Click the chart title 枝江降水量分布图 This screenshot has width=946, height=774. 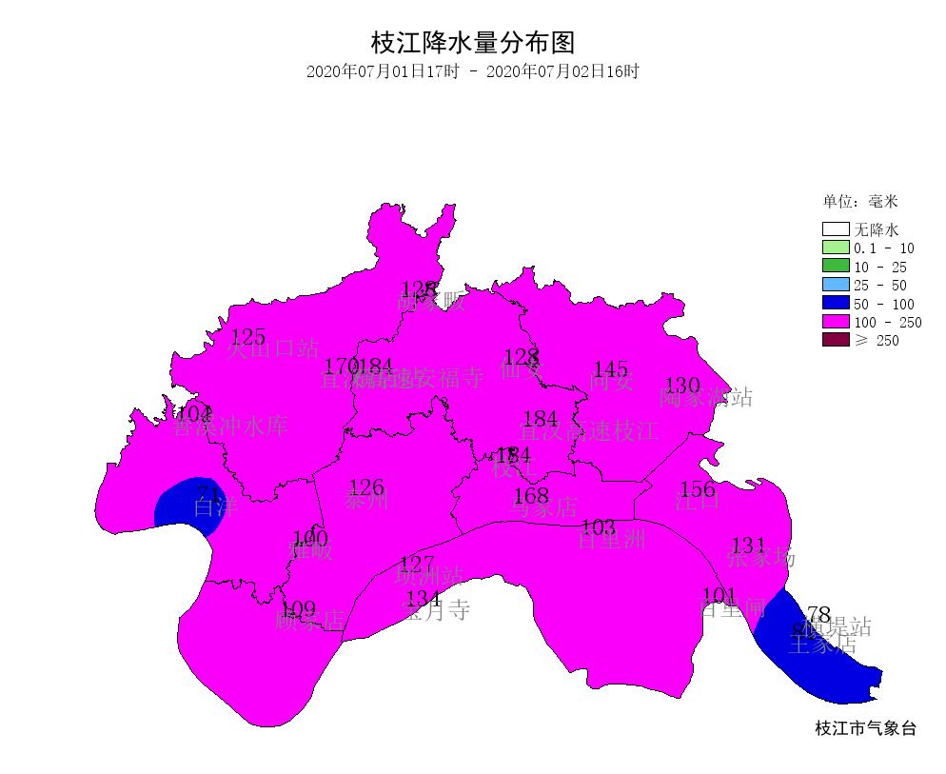(473, 43)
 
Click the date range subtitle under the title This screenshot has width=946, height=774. (473, 71)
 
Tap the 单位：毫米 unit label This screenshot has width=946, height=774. (860, 202)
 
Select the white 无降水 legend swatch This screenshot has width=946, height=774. (835, 229)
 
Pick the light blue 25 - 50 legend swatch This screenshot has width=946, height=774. (835, 285)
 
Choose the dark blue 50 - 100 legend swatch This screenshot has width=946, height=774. (835, 304)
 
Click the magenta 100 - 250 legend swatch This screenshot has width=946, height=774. (835, 322)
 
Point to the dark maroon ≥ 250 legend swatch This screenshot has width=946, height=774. (835, 340)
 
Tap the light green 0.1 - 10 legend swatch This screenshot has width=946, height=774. (835, 248)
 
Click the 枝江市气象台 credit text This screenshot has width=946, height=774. (866, 729)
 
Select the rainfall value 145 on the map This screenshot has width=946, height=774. (611, 369)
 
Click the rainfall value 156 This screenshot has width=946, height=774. (699, 489)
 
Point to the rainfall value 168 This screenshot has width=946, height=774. (531, 496)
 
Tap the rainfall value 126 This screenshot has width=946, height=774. (366, 489)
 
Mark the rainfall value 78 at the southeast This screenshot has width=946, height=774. (818, 614)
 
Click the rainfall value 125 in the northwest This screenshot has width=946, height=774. (248, 337)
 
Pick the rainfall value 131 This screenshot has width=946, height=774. (748, 546)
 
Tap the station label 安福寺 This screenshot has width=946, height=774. (450, 379)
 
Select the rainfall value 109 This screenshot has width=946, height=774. (299, 609)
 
